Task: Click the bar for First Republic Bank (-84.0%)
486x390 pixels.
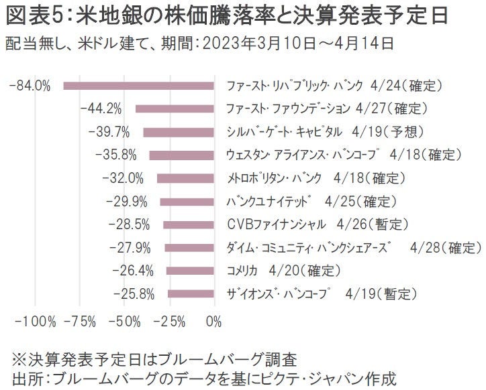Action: pos(138,86)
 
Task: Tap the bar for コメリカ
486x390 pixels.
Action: pos(190,271)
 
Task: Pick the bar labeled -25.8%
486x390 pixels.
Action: pos(191,294)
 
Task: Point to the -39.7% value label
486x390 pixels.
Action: pos(107,132)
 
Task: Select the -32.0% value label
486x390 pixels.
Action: pos(123,178)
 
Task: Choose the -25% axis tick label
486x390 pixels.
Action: pos(169,322)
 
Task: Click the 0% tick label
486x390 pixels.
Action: pos(213,322)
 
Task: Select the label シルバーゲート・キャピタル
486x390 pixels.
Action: pos(285,132)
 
